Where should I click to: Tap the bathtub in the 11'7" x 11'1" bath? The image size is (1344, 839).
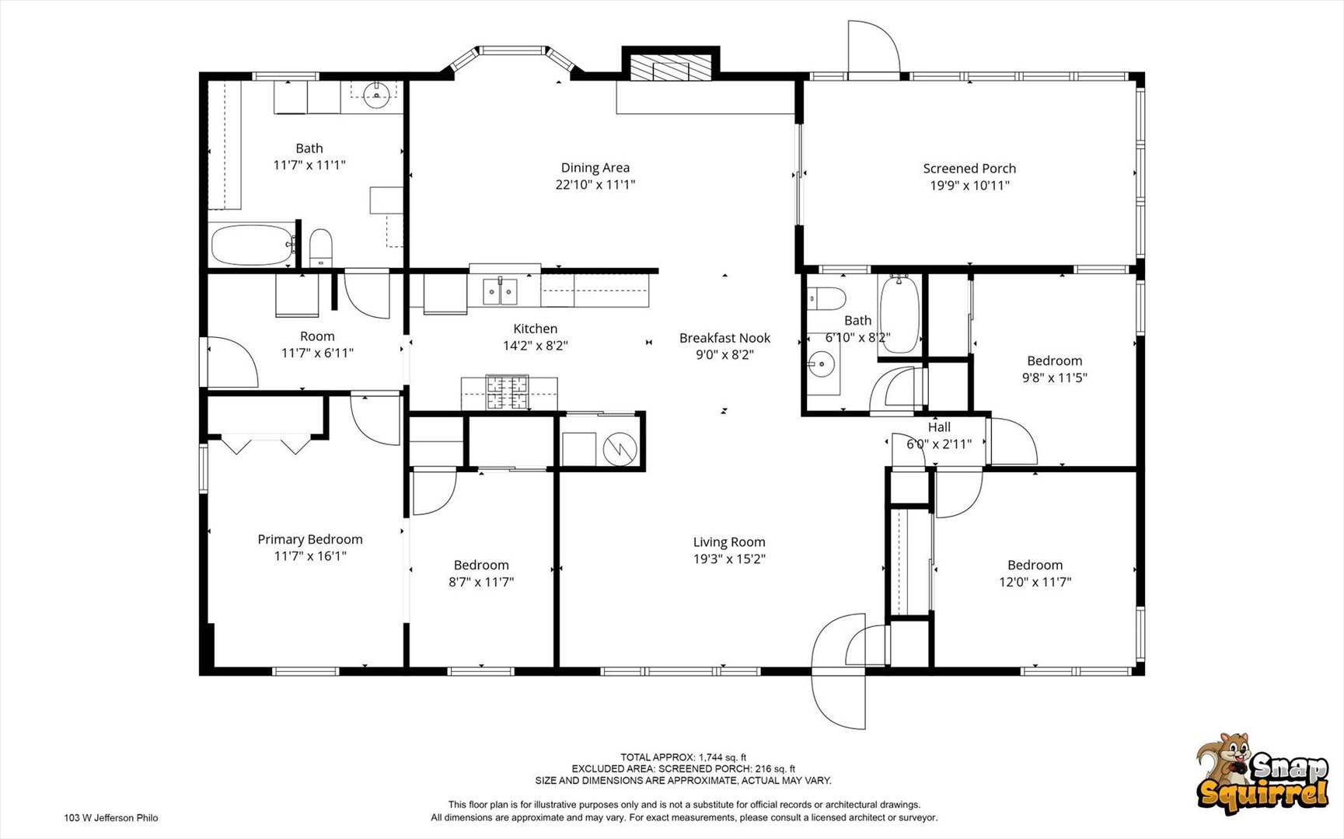click(x=251, y=245)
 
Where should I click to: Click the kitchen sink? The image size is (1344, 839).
click(x=501, y=292)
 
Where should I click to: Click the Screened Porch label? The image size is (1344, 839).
click(x=969, y=169)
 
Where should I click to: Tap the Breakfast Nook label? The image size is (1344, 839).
click(x=724, y=338)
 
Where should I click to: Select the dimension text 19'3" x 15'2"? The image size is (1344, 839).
click(x=729, y=559)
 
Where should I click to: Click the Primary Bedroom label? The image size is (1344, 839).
click(x=310, y=539)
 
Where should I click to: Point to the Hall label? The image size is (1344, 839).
click(x=939, y=427)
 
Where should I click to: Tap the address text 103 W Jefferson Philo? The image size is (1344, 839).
click(x=111, y=817)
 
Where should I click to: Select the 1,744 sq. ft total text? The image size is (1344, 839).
click(x=683, y=757)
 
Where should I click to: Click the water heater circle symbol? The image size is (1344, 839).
click(x=620, y=448)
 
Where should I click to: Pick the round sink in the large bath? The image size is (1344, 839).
click(x=377, y=95)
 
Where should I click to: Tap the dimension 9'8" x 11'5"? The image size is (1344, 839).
click(x=1054, y=378)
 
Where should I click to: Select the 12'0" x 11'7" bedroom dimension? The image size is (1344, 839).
click(x=1035, y=582)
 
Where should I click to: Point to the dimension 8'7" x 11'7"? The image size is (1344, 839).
click(x=481, y=582)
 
